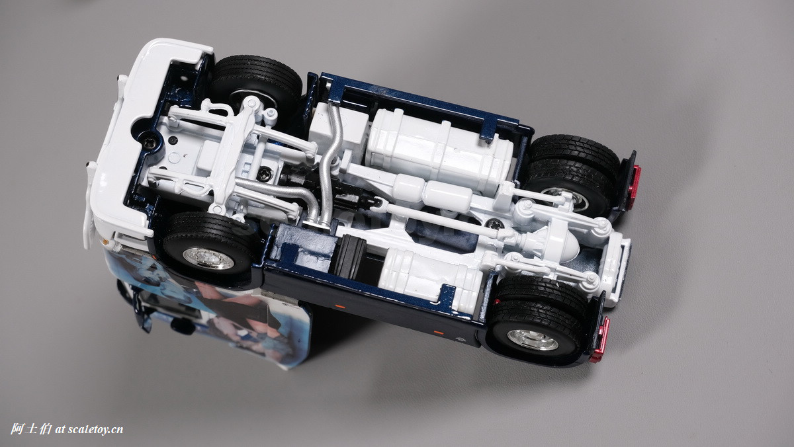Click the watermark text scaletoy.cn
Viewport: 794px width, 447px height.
pyautogui.click(x=95, y=430)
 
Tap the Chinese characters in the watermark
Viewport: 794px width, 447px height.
pyautogui.click(x=31, y=429)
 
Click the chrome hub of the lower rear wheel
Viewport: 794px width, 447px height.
pyautogui.click(x=533, y=339)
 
